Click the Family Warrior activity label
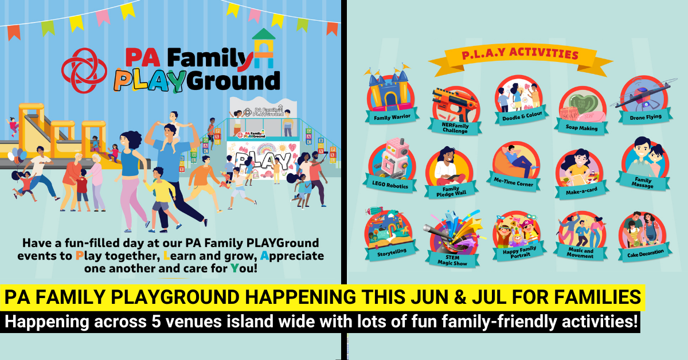click(389, 118)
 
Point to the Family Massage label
click(642, 183)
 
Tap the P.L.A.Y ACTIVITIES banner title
click(519, 55)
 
